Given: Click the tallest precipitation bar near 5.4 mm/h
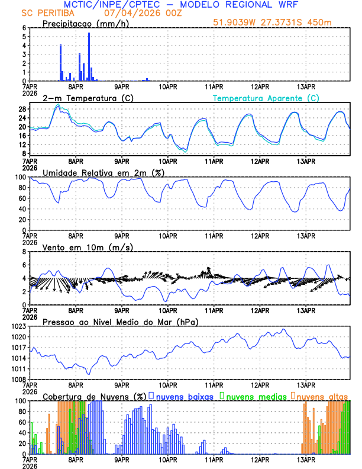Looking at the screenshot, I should pos(89,56).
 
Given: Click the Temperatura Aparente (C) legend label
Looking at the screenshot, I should pos(266,98).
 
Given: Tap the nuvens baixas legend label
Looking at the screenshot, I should pos(185,396).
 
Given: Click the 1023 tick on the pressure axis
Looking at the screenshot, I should pos(20,326).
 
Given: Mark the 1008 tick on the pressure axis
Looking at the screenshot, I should pos(20,380).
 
